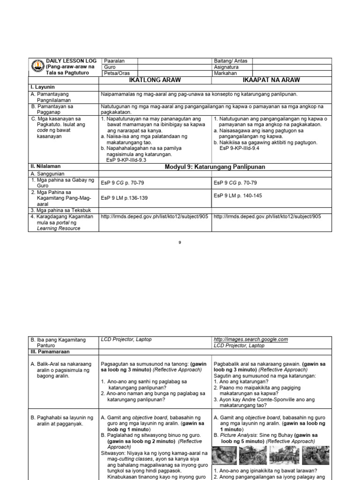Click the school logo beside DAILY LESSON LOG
click(37, 67)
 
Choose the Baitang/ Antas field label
click(231, 61)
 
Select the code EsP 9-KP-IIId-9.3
click(127, 160)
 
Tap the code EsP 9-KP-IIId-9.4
click(240, 148)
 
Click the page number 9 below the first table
click(180, 242)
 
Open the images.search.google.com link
click(250, 339)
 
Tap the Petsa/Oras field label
click(117, 73)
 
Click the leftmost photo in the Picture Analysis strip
click(224, 455)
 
